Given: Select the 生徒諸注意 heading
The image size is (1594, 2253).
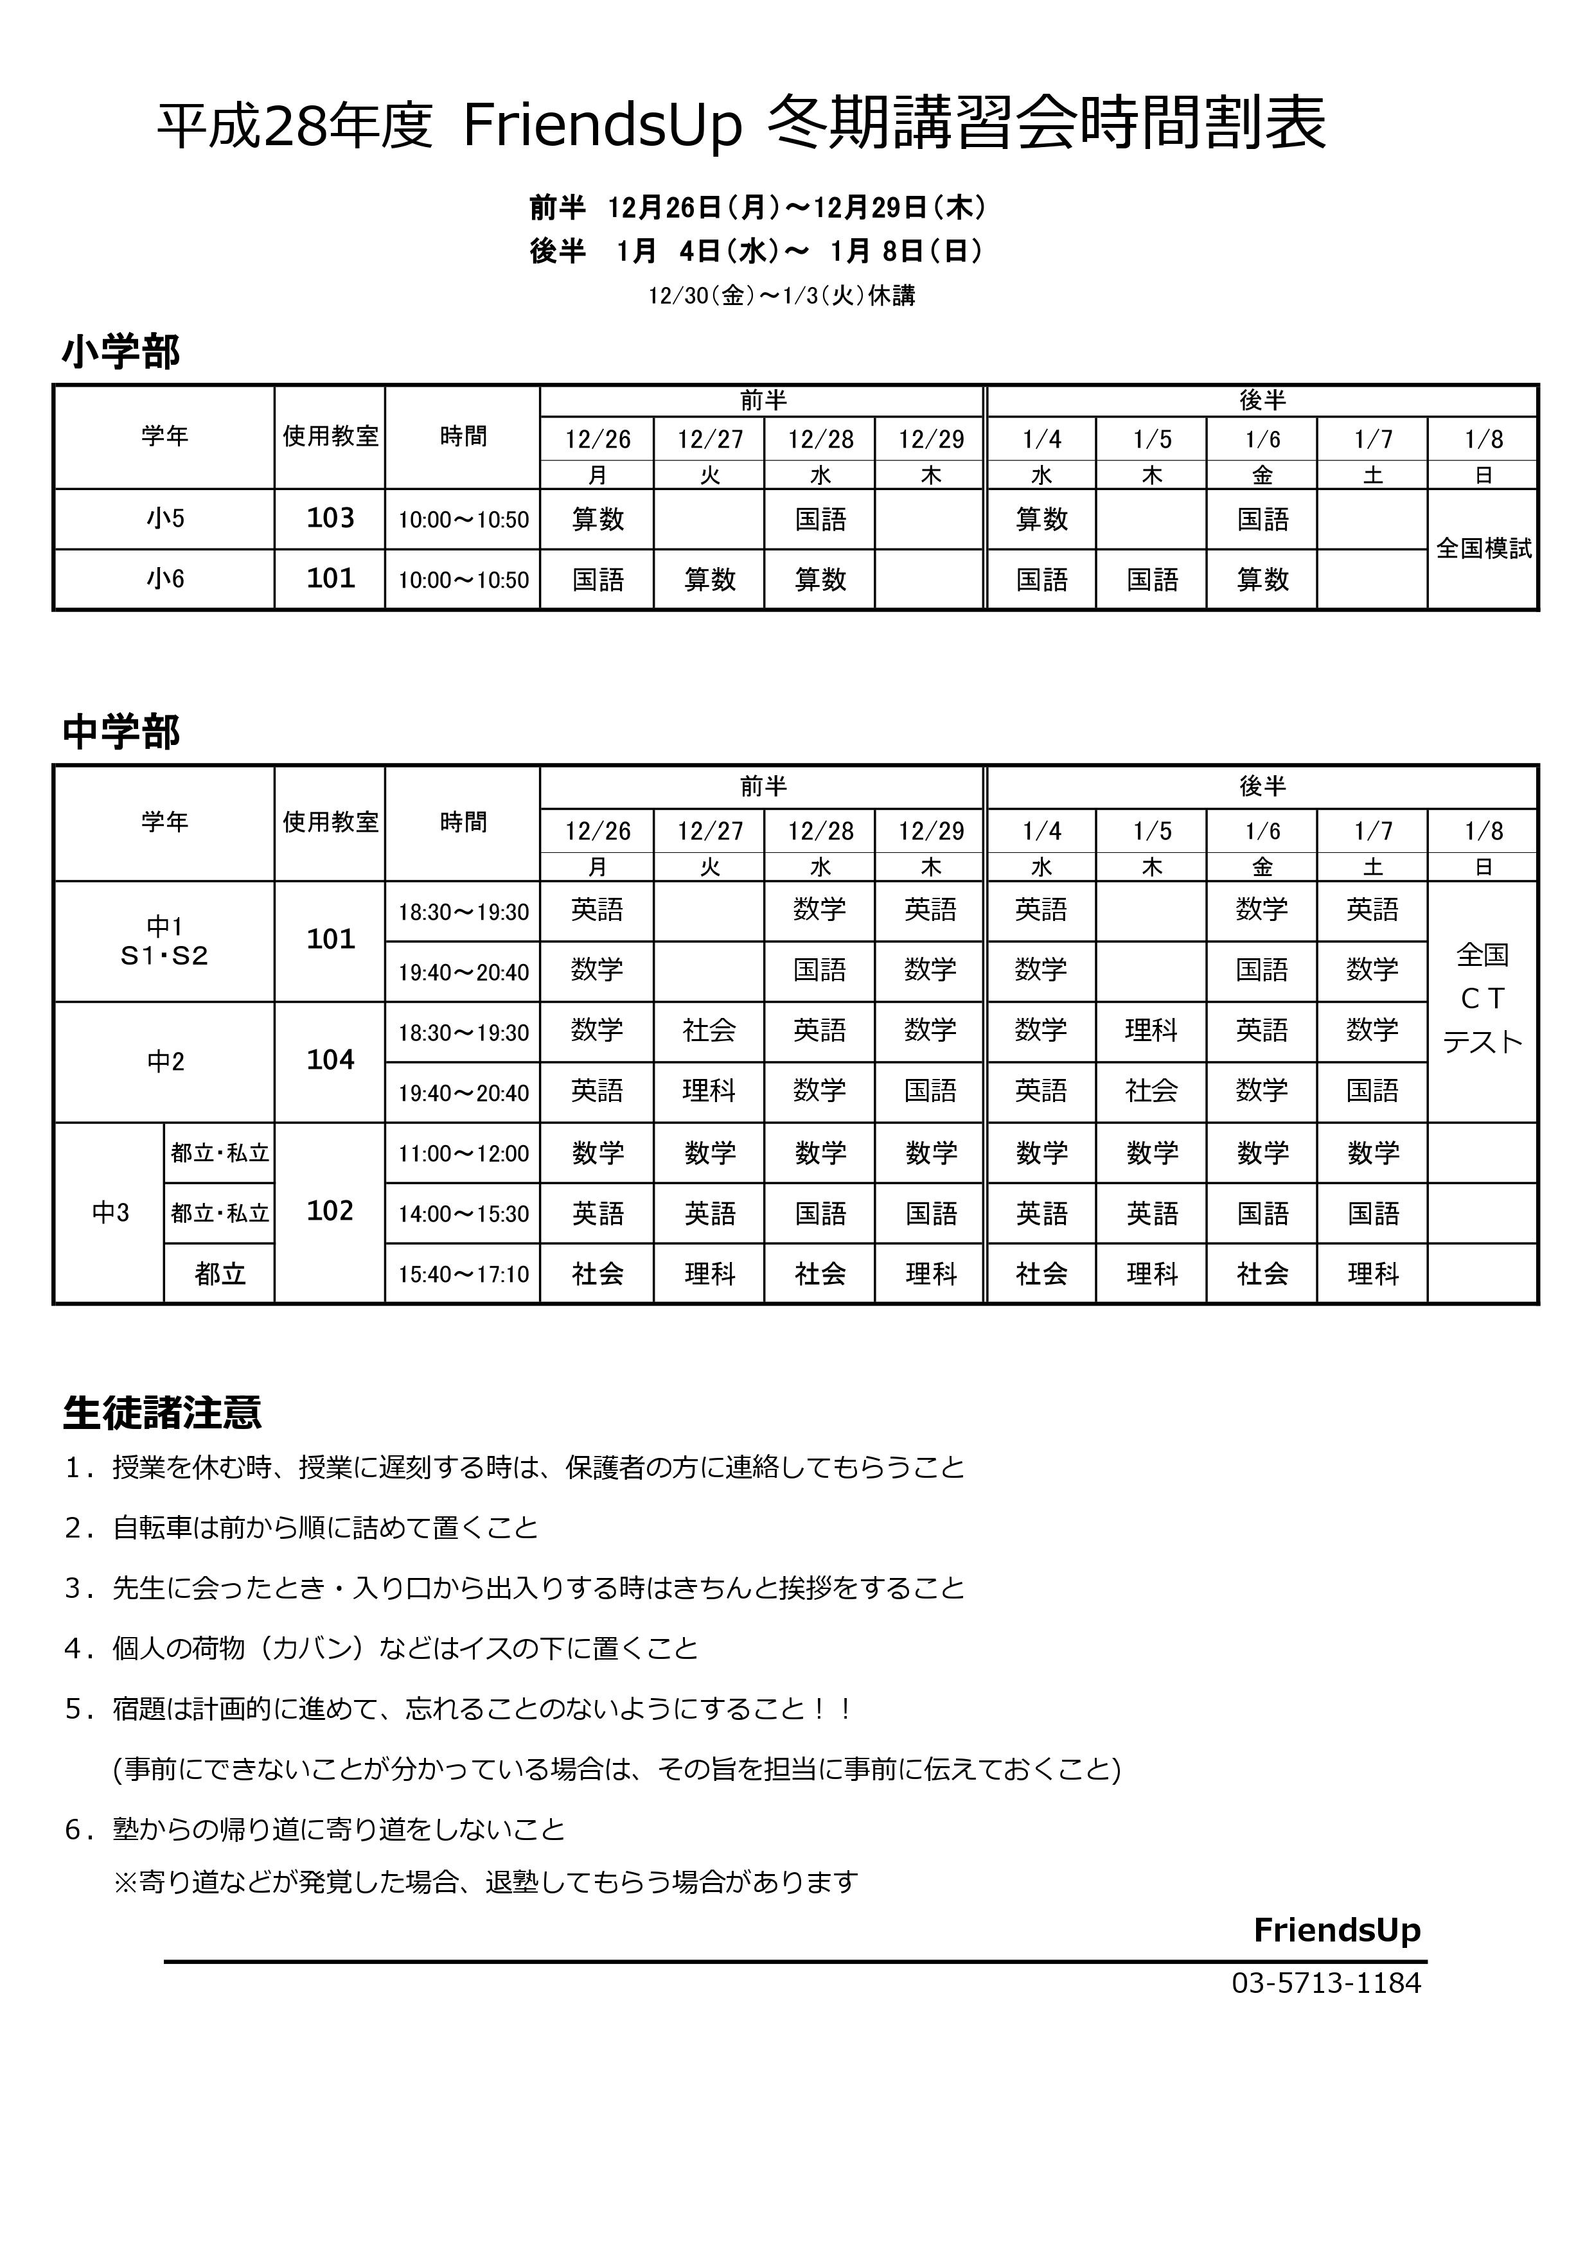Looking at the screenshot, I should point(162,1413).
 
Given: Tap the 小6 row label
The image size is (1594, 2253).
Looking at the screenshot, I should point(165,579).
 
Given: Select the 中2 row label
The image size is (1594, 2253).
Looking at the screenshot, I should point(165,1062).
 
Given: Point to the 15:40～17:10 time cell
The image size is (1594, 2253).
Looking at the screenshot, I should point(463,1275).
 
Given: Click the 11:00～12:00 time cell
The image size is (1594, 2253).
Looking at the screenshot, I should point(463,1154).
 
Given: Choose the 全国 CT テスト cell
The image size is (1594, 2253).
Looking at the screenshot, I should point(1482,999).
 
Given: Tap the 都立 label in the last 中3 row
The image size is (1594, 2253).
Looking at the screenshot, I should point(220,1275).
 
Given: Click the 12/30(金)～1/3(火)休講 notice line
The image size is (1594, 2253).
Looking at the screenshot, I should point(781,295).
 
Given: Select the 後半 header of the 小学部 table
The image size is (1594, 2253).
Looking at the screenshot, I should point(1262,400).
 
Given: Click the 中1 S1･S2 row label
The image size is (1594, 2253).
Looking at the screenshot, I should point(165,941).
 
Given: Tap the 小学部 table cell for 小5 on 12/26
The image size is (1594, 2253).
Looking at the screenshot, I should point(598,519).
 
